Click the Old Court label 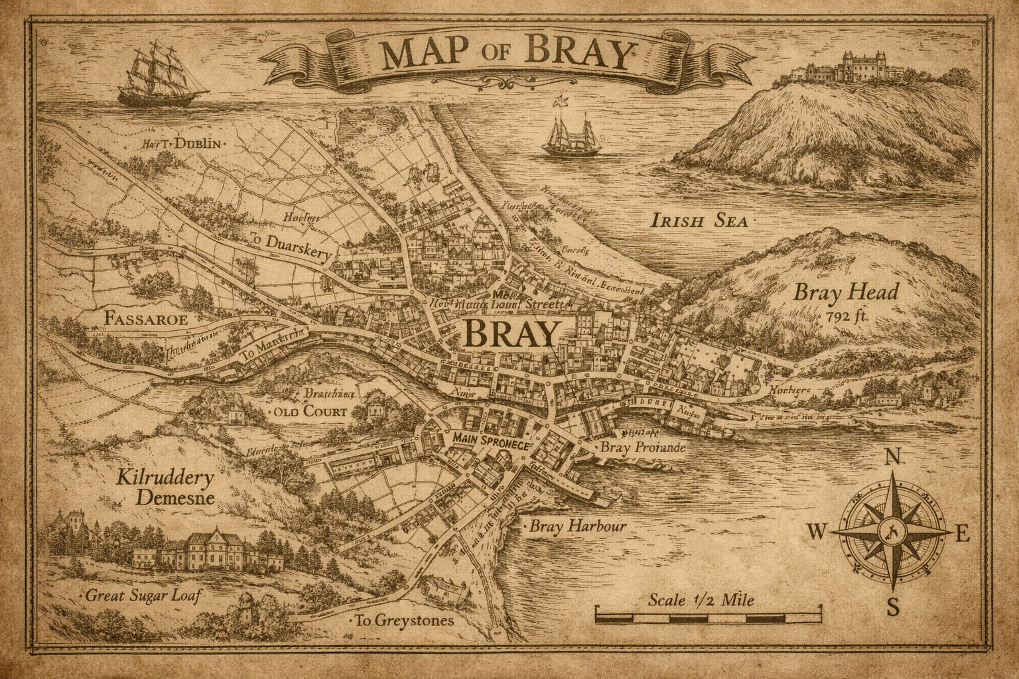click(x=310, y=412)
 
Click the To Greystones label click(x=404, y=621)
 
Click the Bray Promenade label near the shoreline click(x=642, y=448)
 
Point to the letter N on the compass click(x=894, y=457)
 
